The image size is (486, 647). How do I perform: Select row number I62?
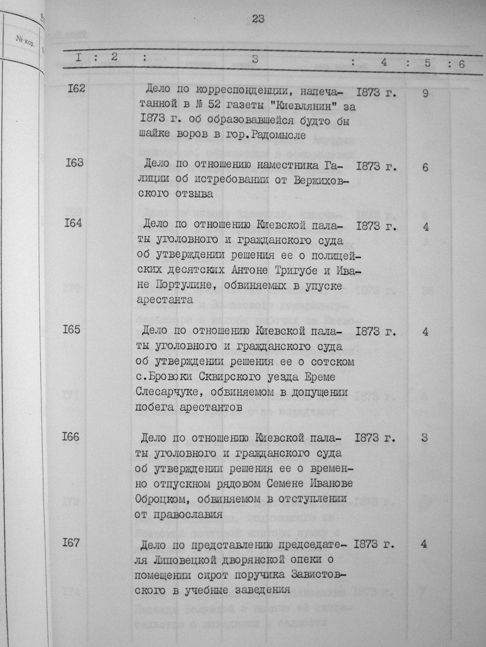(x=75, y=88)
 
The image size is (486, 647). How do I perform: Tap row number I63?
(x=75, y=163)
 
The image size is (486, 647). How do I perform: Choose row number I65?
(x=72, y=329)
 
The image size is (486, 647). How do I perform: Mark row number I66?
(x=70, y=437)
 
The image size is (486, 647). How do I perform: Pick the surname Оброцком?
(x=164, y=500)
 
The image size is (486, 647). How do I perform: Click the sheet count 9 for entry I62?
(x=425, y=94)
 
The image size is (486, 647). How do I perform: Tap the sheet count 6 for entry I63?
(x=425, y=168)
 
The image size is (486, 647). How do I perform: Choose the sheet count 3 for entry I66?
(x=424, y=437)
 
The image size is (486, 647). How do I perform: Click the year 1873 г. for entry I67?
(x=374, y=544)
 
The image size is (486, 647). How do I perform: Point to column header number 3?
(x=255, y=60)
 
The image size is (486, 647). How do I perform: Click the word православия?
(x=188, y=515)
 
